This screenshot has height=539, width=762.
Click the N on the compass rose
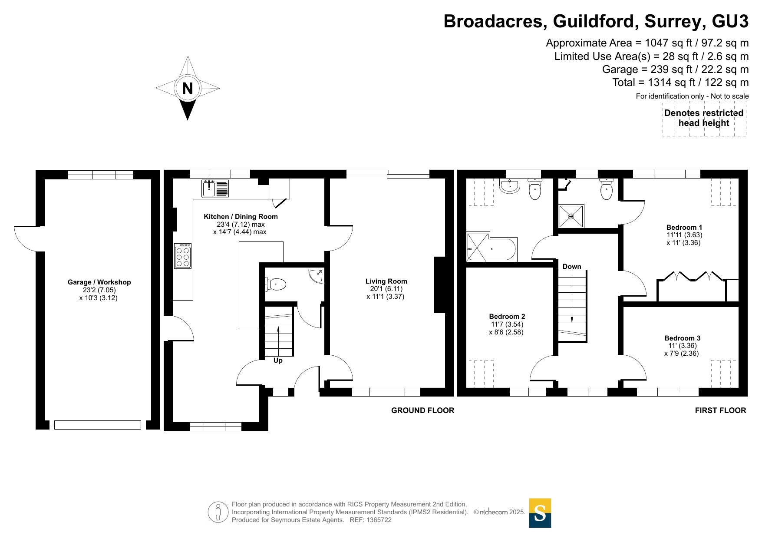[188, 88]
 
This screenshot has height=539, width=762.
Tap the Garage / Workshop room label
[99, 282]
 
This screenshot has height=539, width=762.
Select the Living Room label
[386, 281]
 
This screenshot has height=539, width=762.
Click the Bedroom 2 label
[507, 317]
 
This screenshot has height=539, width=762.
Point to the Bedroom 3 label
[682, 338]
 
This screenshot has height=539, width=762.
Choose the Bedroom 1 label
[684, 228]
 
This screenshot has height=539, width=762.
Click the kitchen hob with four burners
[183, 256]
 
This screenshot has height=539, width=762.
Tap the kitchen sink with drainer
[215, 188]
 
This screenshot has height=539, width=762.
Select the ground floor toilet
[276, 285]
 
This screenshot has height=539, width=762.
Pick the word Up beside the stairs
[278, 360]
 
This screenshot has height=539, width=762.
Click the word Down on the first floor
[572, 267]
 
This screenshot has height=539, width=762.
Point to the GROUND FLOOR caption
[422, 410]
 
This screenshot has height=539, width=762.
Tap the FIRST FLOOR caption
[720, 410]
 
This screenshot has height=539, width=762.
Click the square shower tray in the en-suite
[571, 216]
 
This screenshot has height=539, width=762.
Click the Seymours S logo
[540, 513]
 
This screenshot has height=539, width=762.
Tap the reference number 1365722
[379, 520]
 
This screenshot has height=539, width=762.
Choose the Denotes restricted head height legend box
[704, 118]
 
